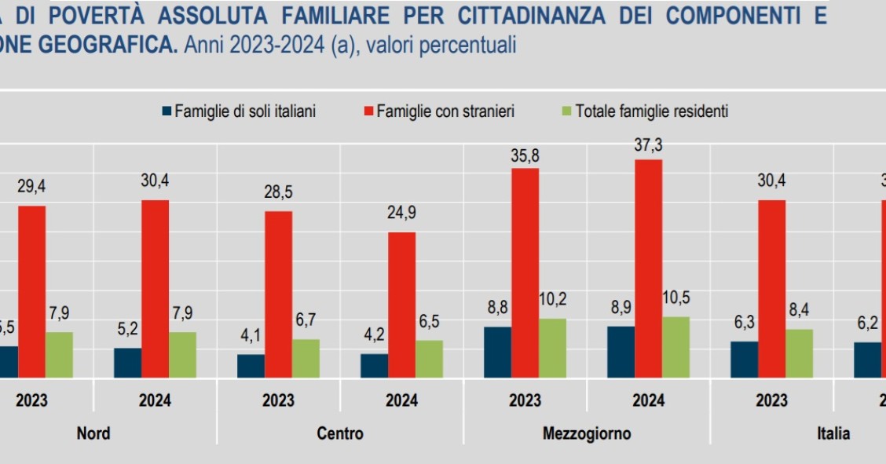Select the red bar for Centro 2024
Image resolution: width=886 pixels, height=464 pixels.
(401, 305)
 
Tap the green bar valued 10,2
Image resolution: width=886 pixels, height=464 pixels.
(552, 348)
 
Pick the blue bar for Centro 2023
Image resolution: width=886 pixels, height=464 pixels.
(251, 366)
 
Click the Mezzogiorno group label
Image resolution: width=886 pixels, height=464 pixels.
(586, 433)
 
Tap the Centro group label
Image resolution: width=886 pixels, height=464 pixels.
(340, 433)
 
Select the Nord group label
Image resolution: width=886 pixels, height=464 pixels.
(93, 433)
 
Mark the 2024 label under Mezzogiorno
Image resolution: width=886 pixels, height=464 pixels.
(648, 400)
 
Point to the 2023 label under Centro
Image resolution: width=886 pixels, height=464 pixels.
(278, 400)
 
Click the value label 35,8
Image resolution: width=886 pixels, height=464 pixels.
(525, 155)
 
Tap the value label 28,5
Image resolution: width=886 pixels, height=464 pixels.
(278, 193)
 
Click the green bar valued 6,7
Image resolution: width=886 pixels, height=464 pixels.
(306, 358)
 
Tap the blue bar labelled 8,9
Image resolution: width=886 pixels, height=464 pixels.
(621, 352)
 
